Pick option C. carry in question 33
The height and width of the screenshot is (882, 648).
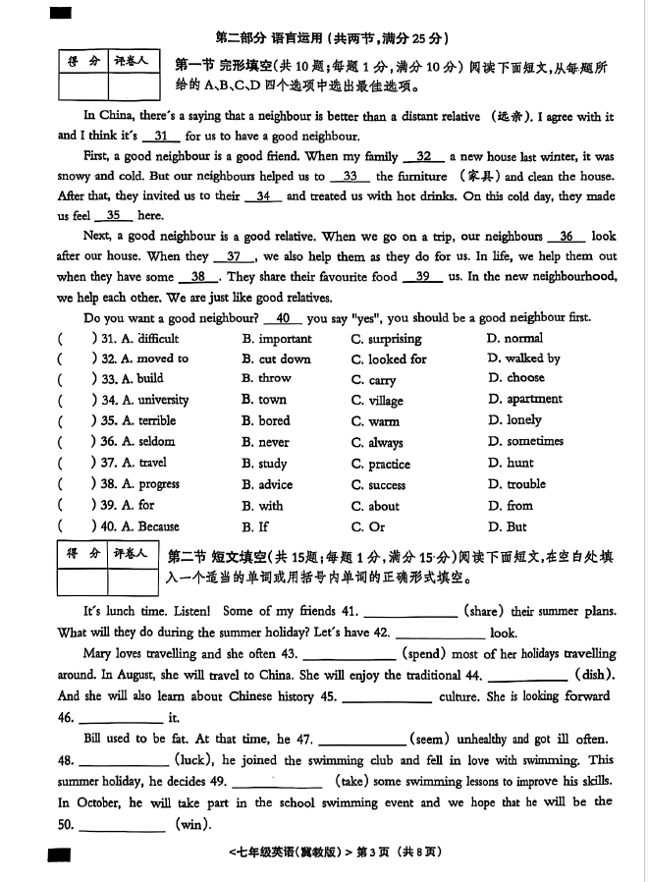pyautogui.click(x=374, y=380)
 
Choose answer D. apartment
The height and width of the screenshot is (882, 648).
pyautogui.click(x=525, y=400)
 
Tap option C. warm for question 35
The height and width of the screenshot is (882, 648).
pyautogui.click(x=376, y=421)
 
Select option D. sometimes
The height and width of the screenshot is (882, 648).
pyautogui.click(x=525, y=442)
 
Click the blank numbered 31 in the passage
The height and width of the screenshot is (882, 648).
pyautogui.click(x=162, y=137)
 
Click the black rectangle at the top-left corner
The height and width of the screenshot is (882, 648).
pyautogui.click(x=61, y=13)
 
